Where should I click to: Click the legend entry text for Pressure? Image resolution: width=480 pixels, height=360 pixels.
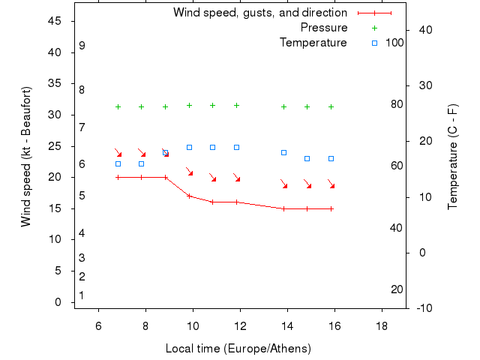click(x=324, y=28)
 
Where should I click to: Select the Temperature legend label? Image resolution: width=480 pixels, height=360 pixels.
click(x=313, y=43)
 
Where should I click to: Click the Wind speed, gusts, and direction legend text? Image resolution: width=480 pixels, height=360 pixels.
click(x=260, y=13)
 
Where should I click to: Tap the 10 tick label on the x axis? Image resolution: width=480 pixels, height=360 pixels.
click(x=193, y=325)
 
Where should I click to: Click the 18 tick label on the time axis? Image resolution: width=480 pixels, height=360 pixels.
click(x=382, y=325)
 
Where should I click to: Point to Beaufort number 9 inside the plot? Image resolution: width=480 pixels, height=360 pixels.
click(x=82, y=46)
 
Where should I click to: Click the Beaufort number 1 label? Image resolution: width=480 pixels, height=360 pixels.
click(x=82, y=295)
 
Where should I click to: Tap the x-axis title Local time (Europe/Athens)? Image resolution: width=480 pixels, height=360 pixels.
click(x=238, y=349)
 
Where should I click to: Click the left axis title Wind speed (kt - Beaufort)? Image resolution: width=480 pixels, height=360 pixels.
click(x=26, y=156)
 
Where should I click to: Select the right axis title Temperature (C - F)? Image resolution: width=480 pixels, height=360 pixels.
click(x=452, y=156)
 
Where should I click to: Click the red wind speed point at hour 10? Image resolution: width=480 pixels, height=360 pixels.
click(x=189, y=196)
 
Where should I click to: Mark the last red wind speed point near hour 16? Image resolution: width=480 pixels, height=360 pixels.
click(x=331, y=208)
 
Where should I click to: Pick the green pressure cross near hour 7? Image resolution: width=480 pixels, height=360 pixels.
click(x=118, y=106)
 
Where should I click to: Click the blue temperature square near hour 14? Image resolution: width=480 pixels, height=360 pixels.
click(x=283, y=152)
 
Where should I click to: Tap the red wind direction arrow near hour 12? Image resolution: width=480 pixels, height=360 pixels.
click(x=236, y=178)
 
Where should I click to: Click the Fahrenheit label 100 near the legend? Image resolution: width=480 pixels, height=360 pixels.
click(x=394, y=43)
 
